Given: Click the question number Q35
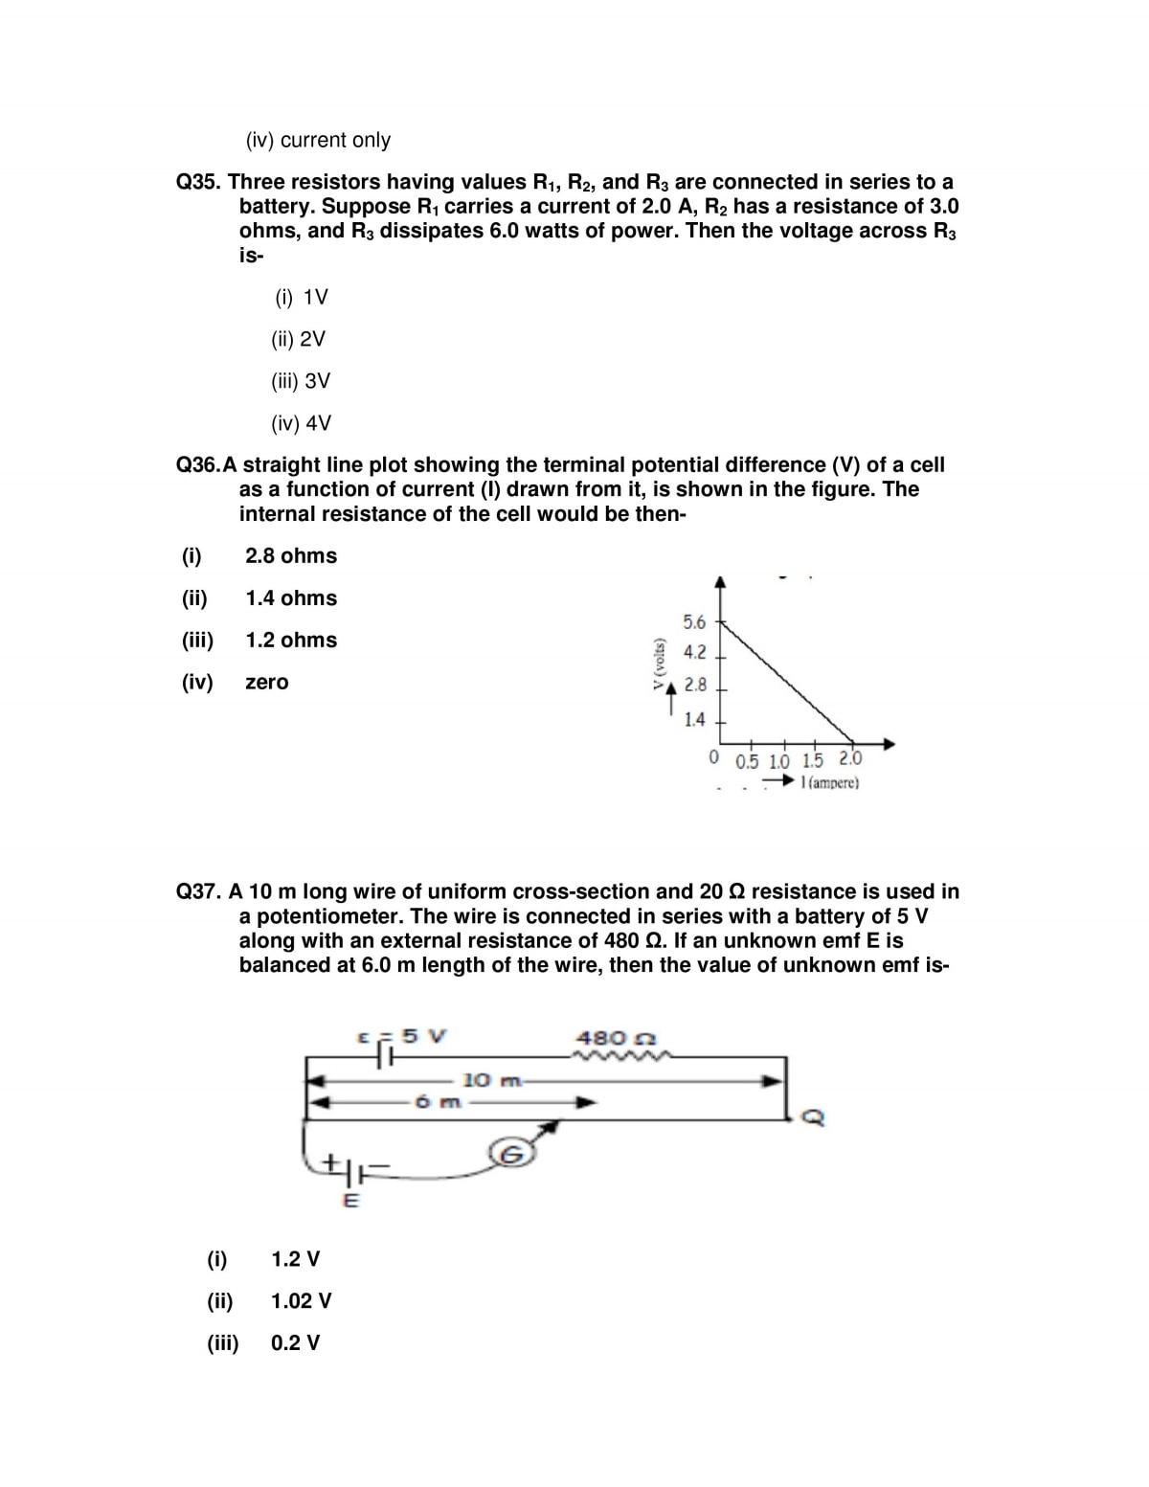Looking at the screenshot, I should pyautogui.click(x=199, y=182).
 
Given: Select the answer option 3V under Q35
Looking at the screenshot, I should pyautogui.click(x=301, y=381).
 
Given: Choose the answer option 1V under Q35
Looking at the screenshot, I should pyautogui.click(x=302, y=297).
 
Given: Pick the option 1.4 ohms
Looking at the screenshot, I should pyautogui.click(x=291, y=598).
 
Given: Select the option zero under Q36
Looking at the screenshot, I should pyautogui.click(x=266, y=683).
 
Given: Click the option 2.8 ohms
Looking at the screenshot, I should pyautogui.click(x=291, y=556).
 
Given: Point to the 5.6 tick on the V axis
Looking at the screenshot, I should pyautogui.click(x=694, y=622).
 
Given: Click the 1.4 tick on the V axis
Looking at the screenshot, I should pyautogui.click(x=694, y=719).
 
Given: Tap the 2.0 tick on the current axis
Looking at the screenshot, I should pyautogui.click(x=850, y=760).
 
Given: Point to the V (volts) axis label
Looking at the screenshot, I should pyautogui.click(x=658, y=663).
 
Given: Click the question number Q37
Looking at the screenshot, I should pyautogui.click(x=199, y=891).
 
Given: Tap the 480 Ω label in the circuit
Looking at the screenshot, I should pyautogui.click(x=615, y=1038).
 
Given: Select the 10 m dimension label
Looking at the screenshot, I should pyautogui.click(x=490, y=1081).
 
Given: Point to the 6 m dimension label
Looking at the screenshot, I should pyautogui.click(x=439, y=1102).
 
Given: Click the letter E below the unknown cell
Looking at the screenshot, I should pyautogui.click(x=350, y=1202).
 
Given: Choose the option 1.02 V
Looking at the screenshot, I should pyautogui.click(x=302, y=1301).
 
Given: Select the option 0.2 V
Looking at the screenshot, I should pyautogui.click(x=296, y=1343).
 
